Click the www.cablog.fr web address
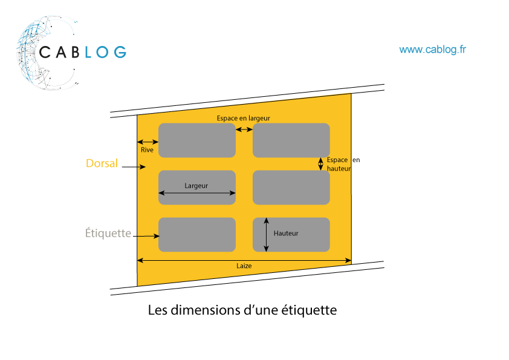coord(432,50)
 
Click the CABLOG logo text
coord(83,52)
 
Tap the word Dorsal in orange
coord(102,163)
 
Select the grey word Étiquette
coord(108,233)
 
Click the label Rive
coord(147,149)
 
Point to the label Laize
coord(244,266)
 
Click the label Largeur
coord(196,186)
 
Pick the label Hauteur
coord(285,233)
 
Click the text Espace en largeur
coord(244,119)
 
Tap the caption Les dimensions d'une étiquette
coord(242,310)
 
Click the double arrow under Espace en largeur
coord(244,129)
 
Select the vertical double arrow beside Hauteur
coord(266,234)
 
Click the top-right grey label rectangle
coord(291,140)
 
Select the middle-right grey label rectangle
coord(291,187)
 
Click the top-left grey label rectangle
coord(196,140)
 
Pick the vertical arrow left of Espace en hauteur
coord(321,163)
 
